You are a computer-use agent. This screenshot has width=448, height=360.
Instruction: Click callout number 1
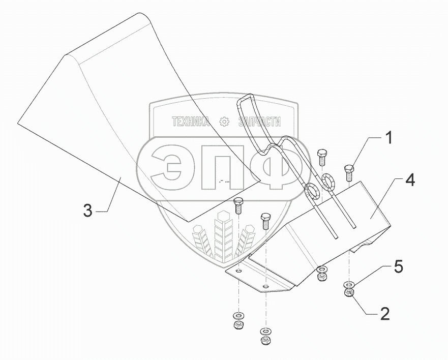pos(388,138)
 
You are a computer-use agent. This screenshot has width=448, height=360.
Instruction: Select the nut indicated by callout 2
pos(349,293)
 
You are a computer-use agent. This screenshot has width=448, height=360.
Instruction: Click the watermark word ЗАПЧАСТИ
pos(259,122)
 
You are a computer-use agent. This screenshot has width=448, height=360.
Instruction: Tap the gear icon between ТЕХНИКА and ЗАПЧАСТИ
pos(223,122)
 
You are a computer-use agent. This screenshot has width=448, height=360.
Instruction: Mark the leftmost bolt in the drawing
pos(237,205)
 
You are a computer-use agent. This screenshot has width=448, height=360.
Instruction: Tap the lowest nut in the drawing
pos(264,339)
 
